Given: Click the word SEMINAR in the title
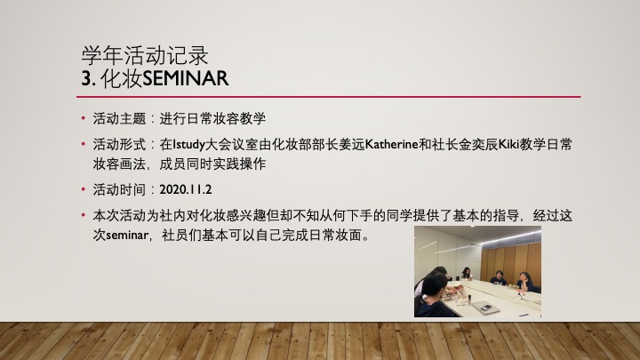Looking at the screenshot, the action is coord(185,78).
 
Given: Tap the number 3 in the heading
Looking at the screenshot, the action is coord(86,78).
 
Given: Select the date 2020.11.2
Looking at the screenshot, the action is coord(185,190).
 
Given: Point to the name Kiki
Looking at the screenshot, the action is coord(509,145).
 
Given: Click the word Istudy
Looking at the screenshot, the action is coord(188,145).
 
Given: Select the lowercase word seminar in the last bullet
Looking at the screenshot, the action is coord(127,236).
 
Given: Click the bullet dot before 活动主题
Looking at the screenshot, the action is coord(84,118).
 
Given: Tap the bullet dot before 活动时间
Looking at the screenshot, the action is coord(84,189).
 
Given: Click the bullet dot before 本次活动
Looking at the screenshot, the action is coord(84,215).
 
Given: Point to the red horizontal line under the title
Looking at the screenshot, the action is coord(328,97).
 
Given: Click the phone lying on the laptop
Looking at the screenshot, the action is coord(485,308).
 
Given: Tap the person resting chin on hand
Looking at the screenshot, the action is coord(525,282).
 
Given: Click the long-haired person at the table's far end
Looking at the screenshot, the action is coord(466,274).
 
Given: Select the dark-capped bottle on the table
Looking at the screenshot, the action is coord(469,300).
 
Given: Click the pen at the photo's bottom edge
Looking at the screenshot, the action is coord(524,315).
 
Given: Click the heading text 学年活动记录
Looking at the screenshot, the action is coord(145,55).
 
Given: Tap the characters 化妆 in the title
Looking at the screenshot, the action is coord(121,78).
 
